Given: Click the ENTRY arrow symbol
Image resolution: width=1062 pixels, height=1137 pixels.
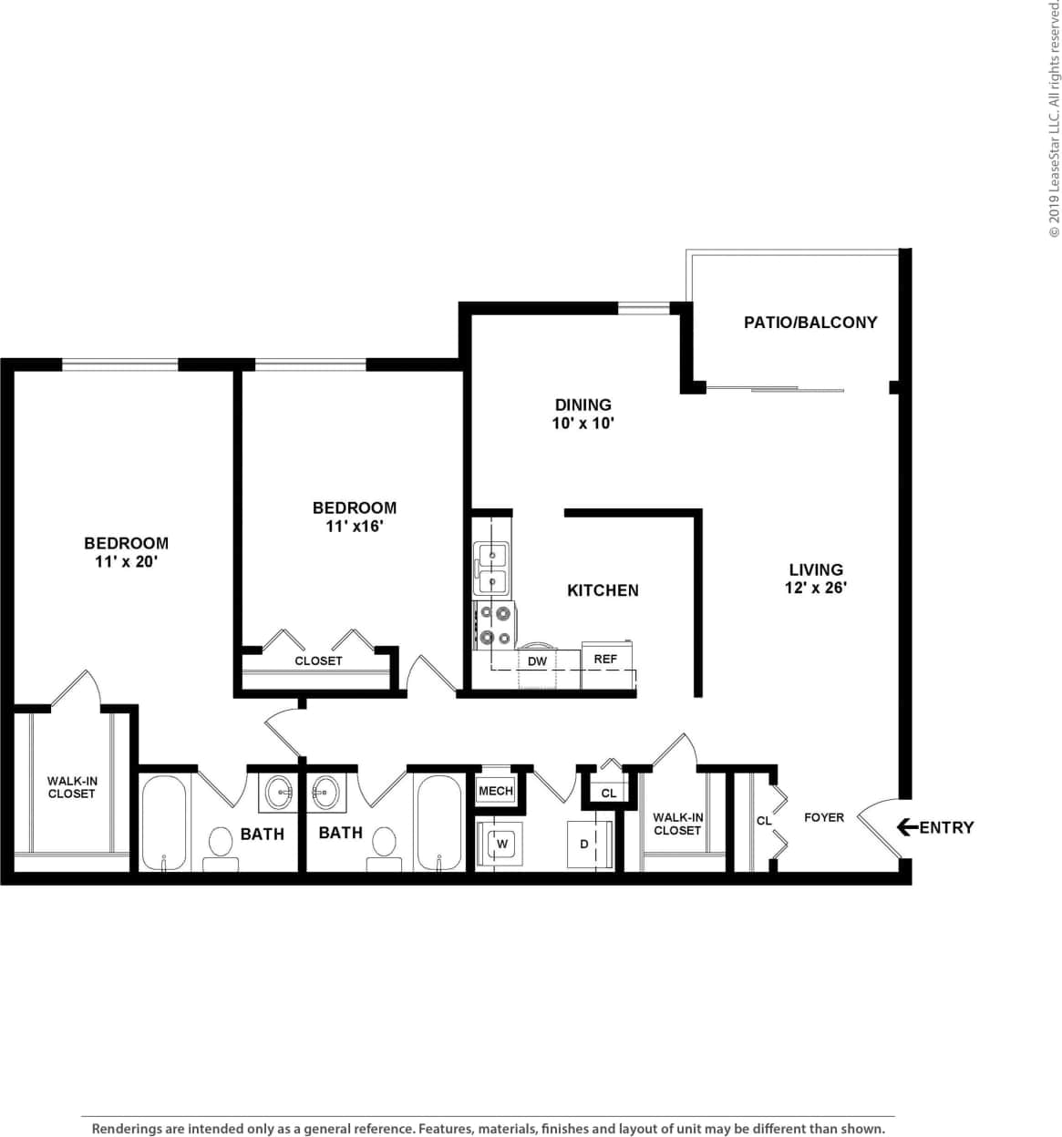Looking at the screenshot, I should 907,827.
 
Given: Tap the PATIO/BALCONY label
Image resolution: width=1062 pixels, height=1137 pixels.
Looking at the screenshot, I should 809,323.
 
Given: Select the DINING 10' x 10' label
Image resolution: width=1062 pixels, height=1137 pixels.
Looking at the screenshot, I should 583,414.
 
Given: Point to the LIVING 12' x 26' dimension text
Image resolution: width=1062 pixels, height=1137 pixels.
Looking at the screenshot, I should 816,588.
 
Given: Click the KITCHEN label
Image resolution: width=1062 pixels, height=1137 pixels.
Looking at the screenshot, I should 603,590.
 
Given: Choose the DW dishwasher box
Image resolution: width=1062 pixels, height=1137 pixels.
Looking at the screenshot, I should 537,661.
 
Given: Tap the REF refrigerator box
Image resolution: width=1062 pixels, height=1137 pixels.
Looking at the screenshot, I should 605,659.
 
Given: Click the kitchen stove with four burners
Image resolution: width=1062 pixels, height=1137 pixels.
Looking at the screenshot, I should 495,625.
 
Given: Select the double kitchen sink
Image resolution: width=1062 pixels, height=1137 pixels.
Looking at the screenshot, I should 491,568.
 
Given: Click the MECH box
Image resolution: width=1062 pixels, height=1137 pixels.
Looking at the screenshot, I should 496,791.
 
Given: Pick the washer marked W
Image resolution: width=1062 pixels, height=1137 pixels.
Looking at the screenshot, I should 500,844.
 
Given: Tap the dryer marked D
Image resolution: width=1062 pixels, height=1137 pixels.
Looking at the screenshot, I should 585,845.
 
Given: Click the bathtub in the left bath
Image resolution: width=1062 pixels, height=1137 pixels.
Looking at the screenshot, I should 164,823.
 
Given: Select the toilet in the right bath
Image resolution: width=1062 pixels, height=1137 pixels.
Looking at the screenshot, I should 385,845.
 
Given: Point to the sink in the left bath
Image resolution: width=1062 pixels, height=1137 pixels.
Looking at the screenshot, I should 279,793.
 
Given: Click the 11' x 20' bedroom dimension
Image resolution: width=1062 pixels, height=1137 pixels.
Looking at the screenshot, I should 126,562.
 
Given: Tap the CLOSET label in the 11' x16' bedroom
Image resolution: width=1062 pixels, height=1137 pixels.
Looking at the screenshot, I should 318,661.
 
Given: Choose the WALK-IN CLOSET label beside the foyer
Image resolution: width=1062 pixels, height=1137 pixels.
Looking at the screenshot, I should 677,824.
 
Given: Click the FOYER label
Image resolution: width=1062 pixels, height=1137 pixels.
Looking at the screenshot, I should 823,817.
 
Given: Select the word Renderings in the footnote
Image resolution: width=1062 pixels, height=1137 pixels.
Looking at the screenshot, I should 128,1129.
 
